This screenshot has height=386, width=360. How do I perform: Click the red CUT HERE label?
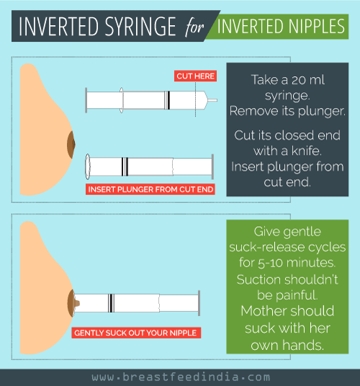click(195, 76)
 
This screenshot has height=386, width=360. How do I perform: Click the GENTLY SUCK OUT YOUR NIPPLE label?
click(136, 333)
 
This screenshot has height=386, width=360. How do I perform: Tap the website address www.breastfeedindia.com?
click(180, 377)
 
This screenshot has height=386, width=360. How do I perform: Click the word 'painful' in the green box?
click(294, 294)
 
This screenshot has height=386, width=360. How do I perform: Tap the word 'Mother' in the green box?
click(276, 310)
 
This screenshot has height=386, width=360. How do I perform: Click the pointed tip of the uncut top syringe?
click(214, 100)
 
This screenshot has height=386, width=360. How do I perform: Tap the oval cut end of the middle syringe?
click(86, 166)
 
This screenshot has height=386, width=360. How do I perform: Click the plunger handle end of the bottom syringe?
click(199, 303)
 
